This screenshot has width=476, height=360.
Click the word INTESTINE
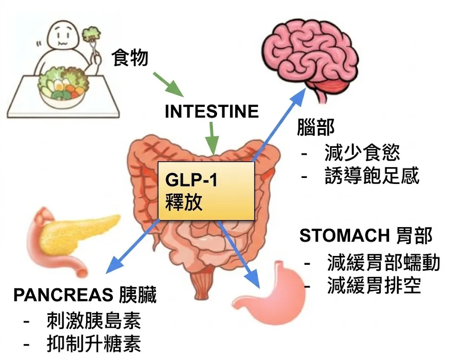point(212,111)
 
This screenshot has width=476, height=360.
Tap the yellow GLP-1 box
point(206,190)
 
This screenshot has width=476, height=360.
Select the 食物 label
point(130,58)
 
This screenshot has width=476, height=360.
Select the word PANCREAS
point(63,295)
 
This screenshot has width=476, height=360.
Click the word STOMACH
point(344,236)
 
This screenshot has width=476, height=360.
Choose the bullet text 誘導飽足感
point(372,176)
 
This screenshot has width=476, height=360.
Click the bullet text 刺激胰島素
point(93,320)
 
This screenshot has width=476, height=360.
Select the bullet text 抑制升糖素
point(93,344)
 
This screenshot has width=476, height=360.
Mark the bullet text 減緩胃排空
point(374,286)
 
